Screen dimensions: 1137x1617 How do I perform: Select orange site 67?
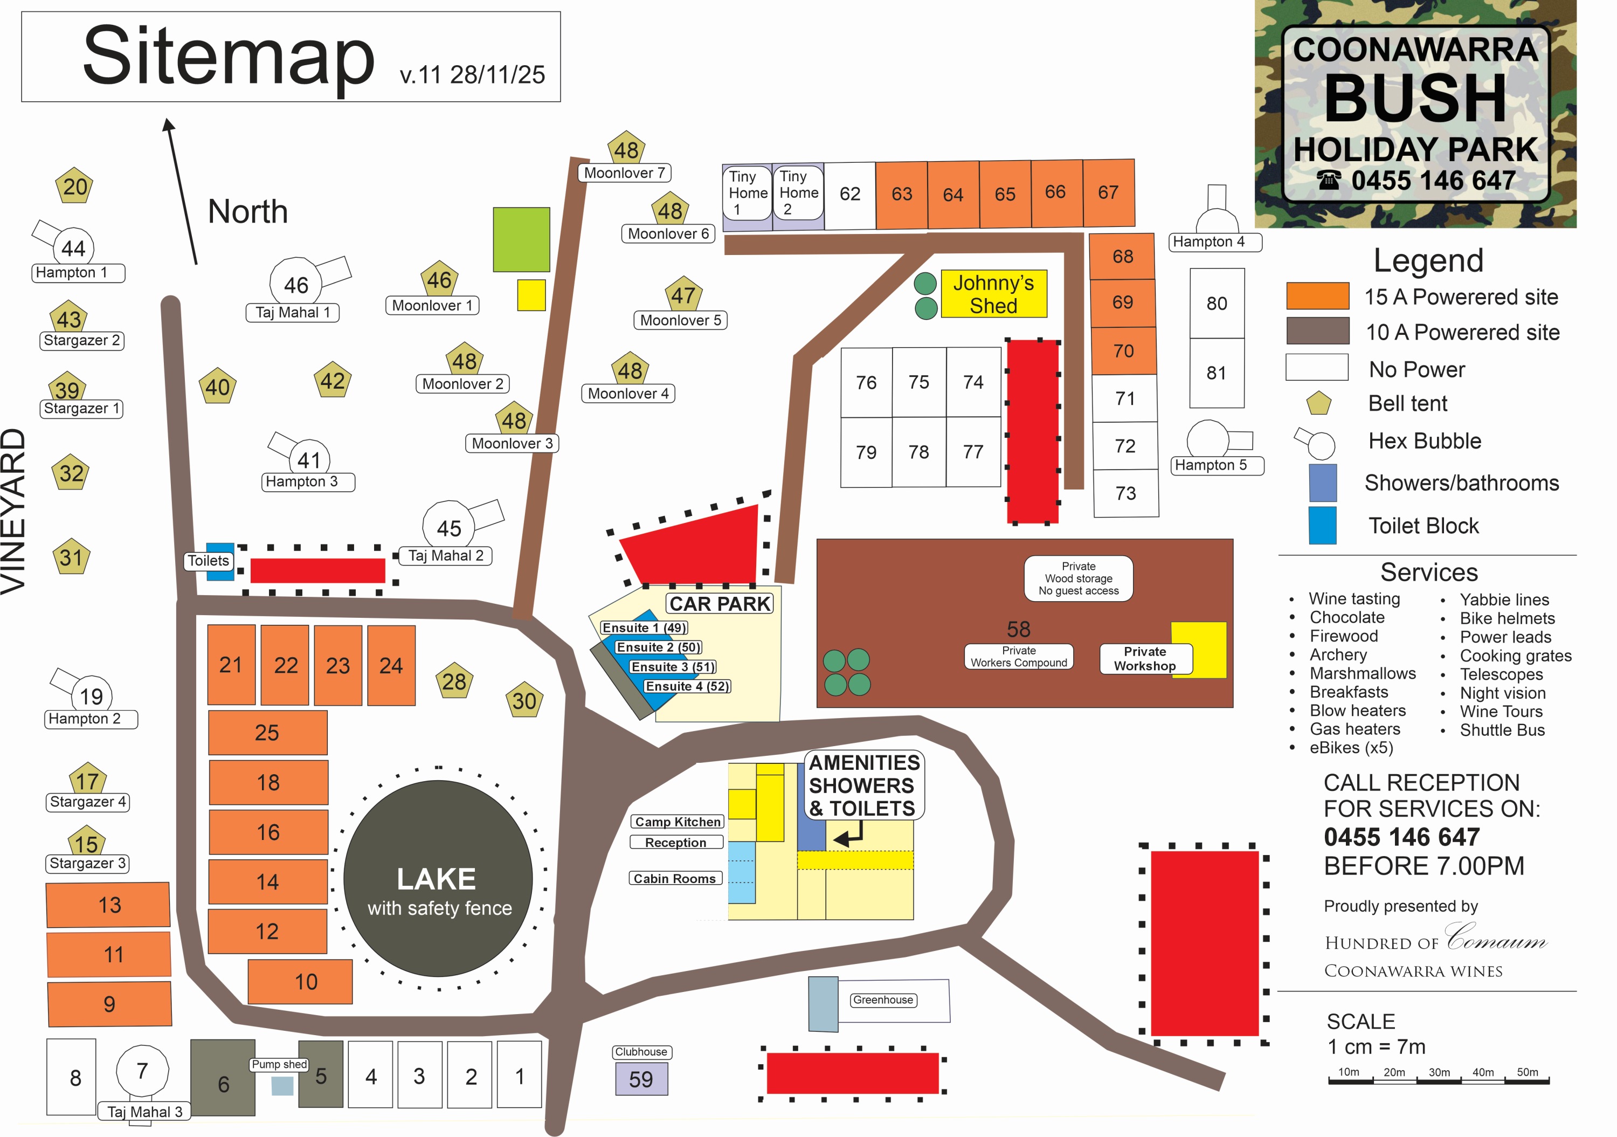[x=1108, y=193]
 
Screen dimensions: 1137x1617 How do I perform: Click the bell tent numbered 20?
[x=75, y=187]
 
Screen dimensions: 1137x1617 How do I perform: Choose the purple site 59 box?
[x=641, y=1079]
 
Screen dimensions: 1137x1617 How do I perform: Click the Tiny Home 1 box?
[x=747, y=193]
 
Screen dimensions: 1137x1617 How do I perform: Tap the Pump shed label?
[x=280, y=1064]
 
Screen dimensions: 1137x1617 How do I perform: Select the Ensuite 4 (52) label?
[x=687, y=686]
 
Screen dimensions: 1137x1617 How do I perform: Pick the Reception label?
[x=675, y=843]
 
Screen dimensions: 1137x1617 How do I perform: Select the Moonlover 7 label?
[x=624, y=173]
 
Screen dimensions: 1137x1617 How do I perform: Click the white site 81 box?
[x=1217, y=373]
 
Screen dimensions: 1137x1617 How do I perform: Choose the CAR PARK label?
[x=719, y=604]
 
